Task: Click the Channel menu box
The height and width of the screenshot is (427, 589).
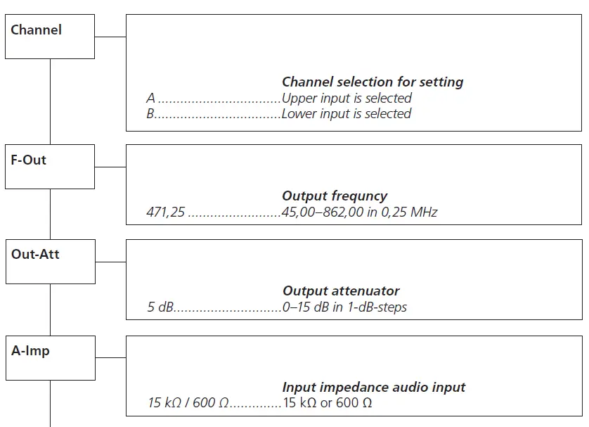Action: click(x=50, y=37)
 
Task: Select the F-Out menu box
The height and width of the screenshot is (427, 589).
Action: click(x=50, y=167)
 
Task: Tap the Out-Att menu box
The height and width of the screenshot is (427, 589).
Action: click(x=50, y=262)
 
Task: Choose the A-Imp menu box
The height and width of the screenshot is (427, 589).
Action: click(x=50, y=357)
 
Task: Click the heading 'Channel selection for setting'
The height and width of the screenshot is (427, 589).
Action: click(x=373, y=82)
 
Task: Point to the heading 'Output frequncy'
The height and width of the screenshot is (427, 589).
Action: click(x=335, y=196)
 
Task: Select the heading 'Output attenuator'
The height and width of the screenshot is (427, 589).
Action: click(x=341, y=291)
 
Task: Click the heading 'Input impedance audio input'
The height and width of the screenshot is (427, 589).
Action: click(x=374, y=388)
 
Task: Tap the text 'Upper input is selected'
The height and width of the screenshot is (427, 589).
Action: click(x=347, y=98)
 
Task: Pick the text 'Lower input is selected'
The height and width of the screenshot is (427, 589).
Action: click(x=347, y=114)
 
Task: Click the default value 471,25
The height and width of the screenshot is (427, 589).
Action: click(x=165, y=212)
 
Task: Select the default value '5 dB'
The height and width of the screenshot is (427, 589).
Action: click(x=160, y=307)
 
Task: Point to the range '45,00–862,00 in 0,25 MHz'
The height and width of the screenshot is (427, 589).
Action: click(x=360, y=212)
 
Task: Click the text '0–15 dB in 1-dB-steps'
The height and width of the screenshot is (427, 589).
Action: click(x=344, y=307)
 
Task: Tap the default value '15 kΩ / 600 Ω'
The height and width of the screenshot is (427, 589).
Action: click(x=188, y=404)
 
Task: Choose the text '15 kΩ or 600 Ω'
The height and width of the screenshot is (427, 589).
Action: click(x=327, y=404)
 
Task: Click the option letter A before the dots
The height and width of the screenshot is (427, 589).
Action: click(x=150, y=98)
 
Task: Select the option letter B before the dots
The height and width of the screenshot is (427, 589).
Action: click(x=150, y=114)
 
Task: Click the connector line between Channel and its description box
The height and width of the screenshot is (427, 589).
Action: click(x=110, y=37)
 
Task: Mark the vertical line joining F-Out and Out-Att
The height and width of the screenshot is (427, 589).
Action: click(x=50, y=214)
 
